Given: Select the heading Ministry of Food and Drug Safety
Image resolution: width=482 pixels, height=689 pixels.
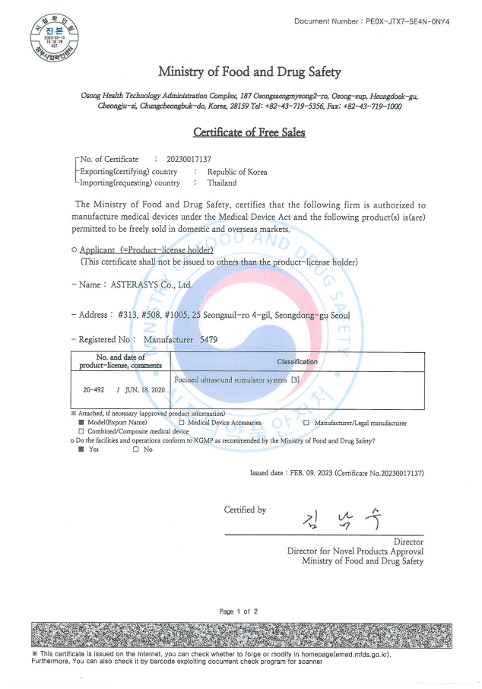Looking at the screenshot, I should pyautogui.click(x=249, y=72).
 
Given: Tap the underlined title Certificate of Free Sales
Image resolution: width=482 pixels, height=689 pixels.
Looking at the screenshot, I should pyautogui.click(x=249, y=132).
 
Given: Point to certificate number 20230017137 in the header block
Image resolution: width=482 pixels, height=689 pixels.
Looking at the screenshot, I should pyautogui.click(x=189, y=159).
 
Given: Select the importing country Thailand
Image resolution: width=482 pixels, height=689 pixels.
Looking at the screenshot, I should pyautogui.click(x=222, y=183).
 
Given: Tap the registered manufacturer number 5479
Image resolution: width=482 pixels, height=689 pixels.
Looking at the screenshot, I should pyautogui.click(x=208, y=340).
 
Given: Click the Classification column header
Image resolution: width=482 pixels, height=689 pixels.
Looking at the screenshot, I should pyautogui.click(x=297, y=362).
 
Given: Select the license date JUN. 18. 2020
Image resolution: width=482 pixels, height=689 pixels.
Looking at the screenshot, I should pyautogui.click(x=144, y=389).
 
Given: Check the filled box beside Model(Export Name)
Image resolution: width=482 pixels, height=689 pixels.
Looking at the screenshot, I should pyautogui.click(x=81, y=422).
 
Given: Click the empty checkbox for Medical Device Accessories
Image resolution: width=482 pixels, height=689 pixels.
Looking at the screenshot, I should pyautogui.click(x=181, y=422).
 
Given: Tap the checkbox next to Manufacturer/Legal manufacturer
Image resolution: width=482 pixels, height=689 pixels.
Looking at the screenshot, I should pyautogui.click(x=306, y=422).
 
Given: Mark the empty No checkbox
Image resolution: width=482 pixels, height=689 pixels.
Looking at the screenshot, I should pyautogui.click(x=135, y=449).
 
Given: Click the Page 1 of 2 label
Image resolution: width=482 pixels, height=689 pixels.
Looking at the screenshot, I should pyautogui.click(x=239, y=611).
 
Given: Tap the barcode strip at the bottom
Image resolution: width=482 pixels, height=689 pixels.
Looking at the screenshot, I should pyautogui.click(x=240, y=633).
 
